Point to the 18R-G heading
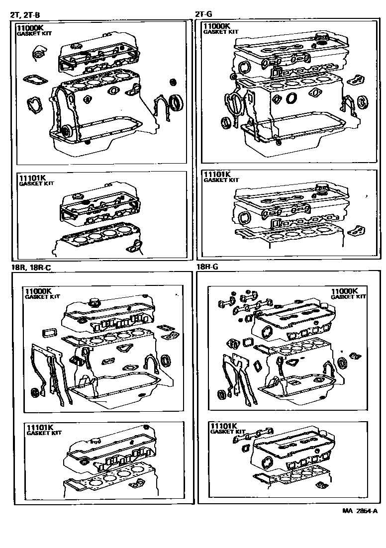pos(207,267)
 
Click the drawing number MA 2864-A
pos(360,510)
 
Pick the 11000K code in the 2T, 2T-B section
pos(31,28)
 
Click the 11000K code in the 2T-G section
pos(217,26)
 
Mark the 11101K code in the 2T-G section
pos(217,175)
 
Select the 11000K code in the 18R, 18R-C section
pos(39,291)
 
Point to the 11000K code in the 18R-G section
pos(345,291)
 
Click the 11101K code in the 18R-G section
pos(224,426)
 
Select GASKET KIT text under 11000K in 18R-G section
pos(348,297)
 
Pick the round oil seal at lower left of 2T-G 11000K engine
pos(226,122)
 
